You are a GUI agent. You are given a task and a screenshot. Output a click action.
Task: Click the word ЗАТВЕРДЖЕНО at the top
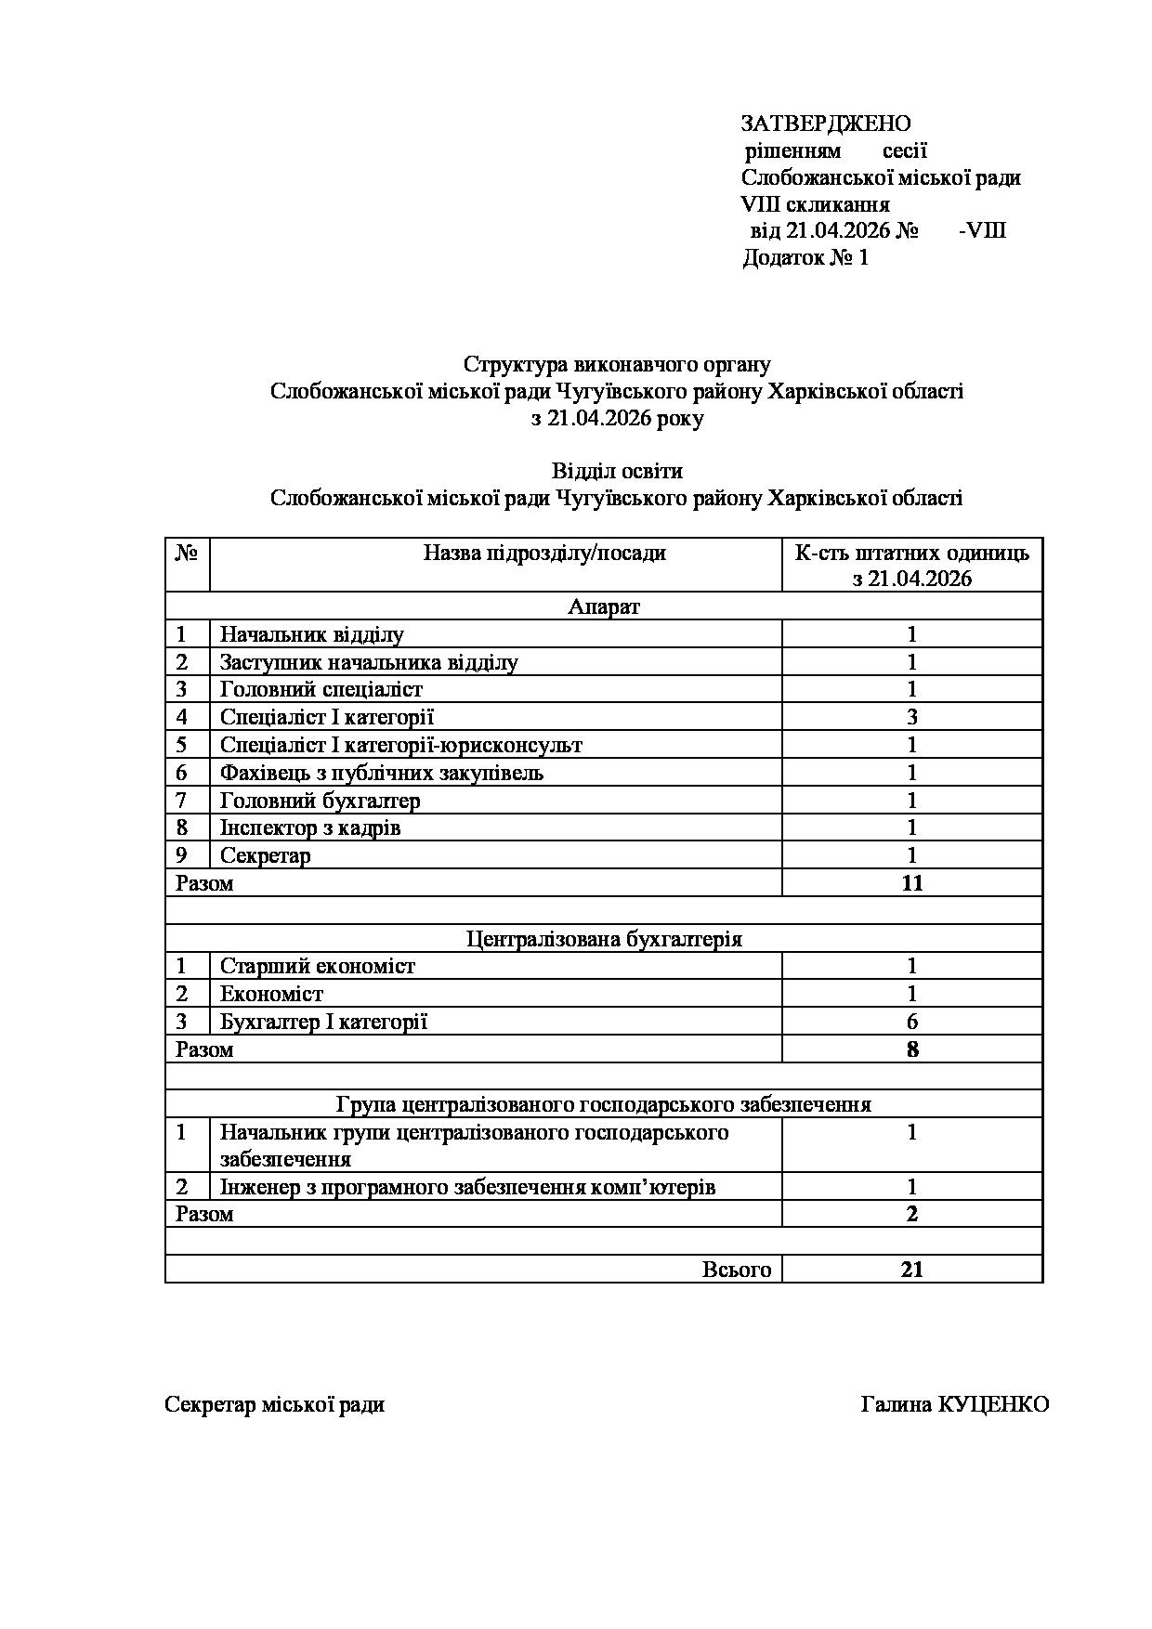(825, 124)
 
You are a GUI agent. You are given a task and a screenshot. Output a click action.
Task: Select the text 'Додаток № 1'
(805, 257)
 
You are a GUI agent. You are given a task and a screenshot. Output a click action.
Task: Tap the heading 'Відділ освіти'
(617, 471)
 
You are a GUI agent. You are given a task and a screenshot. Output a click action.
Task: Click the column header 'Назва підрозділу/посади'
(544, 554)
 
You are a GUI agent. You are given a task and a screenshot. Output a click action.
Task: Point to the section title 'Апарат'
(604, 607)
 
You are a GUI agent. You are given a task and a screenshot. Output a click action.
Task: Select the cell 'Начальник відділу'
(312, 635)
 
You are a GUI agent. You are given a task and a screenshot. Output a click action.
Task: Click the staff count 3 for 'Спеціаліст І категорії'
(912, 717)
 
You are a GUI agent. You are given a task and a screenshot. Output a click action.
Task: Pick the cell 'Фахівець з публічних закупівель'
(382, 773)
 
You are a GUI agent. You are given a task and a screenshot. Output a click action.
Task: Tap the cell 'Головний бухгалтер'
(321, 801)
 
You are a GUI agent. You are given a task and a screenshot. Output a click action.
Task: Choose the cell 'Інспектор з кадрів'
(310, 828)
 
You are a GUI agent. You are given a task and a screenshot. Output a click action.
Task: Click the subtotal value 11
(912, 883)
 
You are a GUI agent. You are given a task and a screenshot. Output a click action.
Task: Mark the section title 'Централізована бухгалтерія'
(604, 939)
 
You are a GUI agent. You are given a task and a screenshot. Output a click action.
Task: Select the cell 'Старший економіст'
(318, 967)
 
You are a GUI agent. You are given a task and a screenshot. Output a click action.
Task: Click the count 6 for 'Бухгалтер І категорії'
(912, 1023)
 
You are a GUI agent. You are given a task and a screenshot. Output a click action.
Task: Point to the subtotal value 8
(912, 1050)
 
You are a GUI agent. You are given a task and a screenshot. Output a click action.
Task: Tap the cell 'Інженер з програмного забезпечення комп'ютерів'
(467, 1187)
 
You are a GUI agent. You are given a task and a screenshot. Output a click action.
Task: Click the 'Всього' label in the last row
(737, 1270)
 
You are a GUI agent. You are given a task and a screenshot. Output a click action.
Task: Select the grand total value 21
(912, 1270)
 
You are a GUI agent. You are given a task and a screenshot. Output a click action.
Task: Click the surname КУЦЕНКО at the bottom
(994, 1404)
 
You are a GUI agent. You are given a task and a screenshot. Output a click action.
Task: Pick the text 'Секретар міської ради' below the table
(274, 1404)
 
